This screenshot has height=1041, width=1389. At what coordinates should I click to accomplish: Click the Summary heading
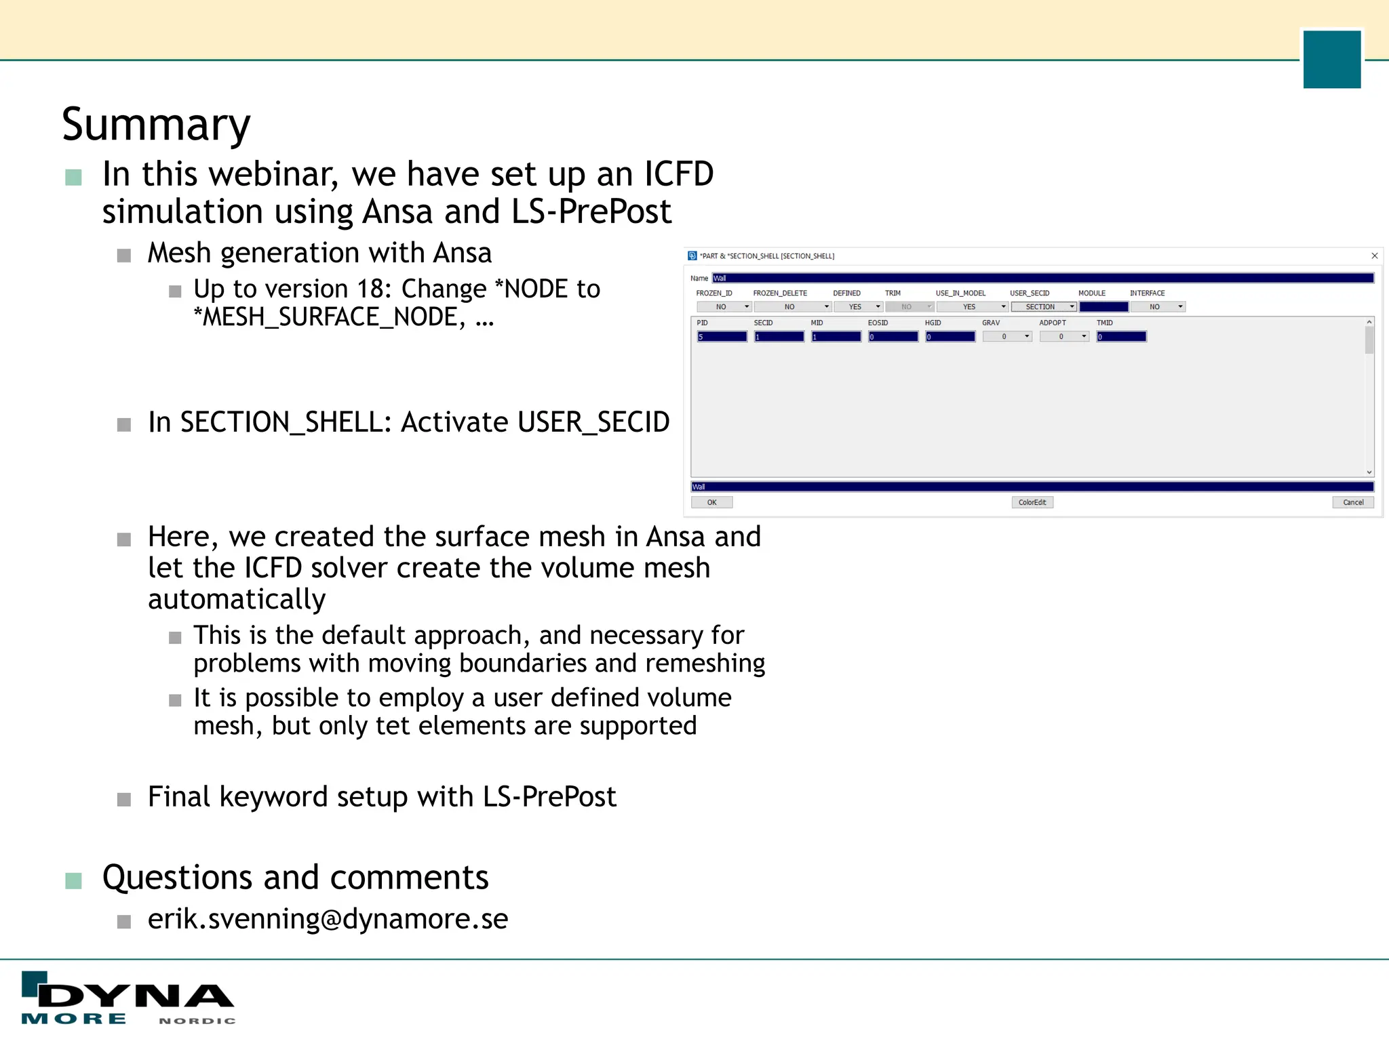click(x=156, y=125)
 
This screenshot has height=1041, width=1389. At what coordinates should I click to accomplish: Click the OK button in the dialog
click(x=711, y=502)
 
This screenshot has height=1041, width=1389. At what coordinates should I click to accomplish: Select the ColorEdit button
click(x=1032, y=502)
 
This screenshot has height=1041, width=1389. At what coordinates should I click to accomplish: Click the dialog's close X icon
click(x=1375, y=256)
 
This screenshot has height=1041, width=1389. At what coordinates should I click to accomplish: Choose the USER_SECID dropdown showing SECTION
click(x=1044, y=307)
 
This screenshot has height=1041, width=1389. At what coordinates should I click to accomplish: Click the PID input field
click(x=722, y=337)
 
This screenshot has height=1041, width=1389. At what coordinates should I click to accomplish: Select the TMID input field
click(x=1122, y=337)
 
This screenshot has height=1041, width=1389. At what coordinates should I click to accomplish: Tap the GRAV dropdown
click(x=1007, y=337)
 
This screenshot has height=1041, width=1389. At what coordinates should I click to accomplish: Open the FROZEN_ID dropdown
click(x=724, y=307)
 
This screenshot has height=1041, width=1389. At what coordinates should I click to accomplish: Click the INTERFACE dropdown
click(x=1158, y=307)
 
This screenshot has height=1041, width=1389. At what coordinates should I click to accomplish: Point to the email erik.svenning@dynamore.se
click(x=328, y=919)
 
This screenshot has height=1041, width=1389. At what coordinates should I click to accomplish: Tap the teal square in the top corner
click(x=1331, y=59)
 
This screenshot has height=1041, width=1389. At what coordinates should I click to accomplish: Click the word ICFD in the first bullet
click(x=678, y=174)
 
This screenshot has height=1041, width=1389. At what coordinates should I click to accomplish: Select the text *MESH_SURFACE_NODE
click(x=329, y=317)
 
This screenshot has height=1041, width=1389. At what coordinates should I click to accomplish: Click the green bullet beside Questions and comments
click(x=73, y=880)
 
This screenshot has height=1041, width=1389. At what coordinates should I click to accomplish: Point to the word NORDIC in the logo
click(x=197, y=1021)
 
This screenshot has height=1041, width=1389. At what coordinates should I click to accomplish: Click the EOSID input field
click(x=893, y=337)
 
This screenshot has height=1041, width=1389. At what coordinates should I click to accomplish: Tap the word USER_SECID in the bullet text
click(x=593, y=422)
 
